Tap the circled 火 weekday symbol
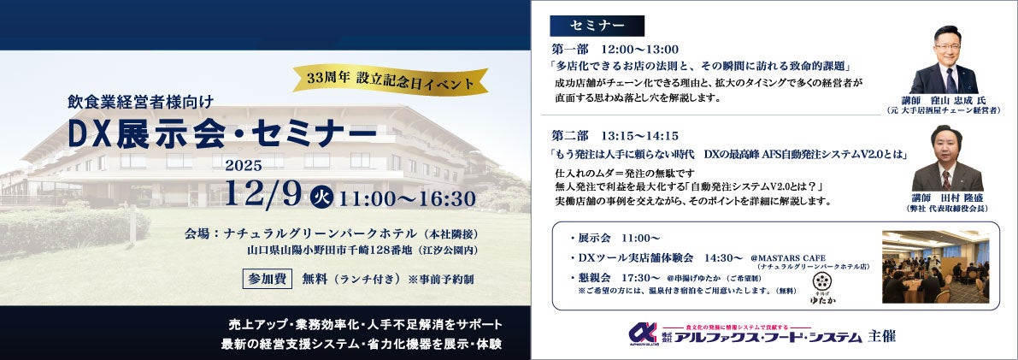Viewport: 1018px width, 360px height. (316, 197)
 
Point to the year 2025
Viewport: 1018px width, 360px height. (244, 165)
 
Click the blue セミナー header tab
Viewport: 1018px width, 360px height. (597, 24)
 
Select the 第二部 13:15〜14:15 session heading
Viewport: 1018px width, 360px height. (616, 135)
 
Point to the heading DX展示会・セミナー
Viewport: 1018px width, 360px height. (223, 134)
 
